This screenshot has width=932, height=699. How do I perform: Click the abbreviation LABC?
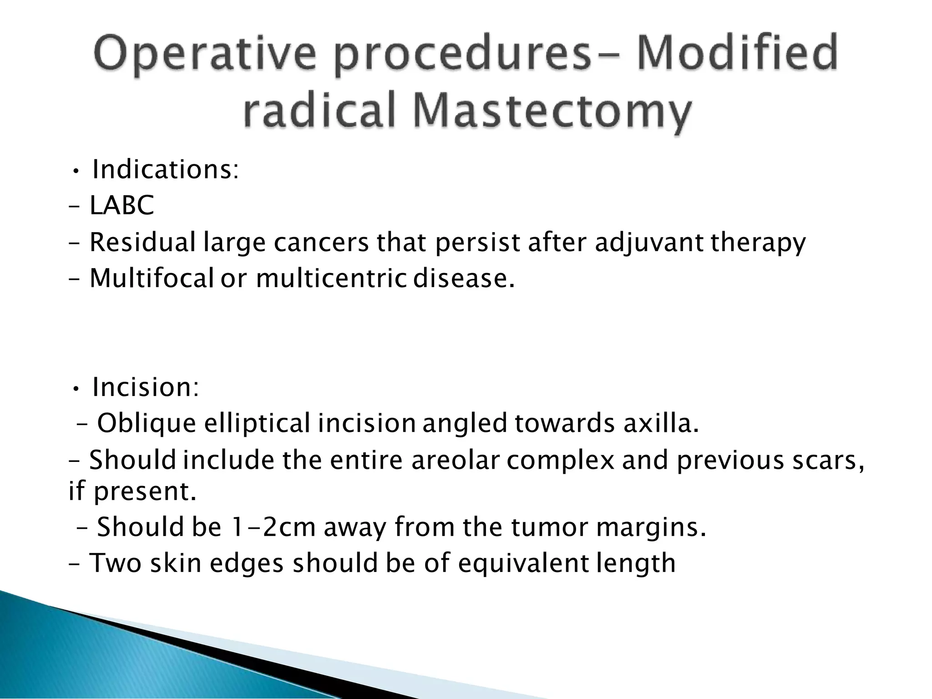pyautogui.click(x=122, y=205)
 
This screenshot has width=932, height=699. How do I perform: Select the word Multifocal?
pyautogui.click(x=151, y=278)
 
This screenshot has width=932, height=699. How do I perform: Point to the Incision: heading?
pyautogui.click(x=146, y=387)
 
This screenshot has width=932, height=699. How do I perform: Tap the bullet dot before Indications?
pyautogui.click(x=76, y=172)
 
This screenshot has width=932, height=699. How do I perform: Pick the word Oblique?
pyautogui.click(x=147, y=424)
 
